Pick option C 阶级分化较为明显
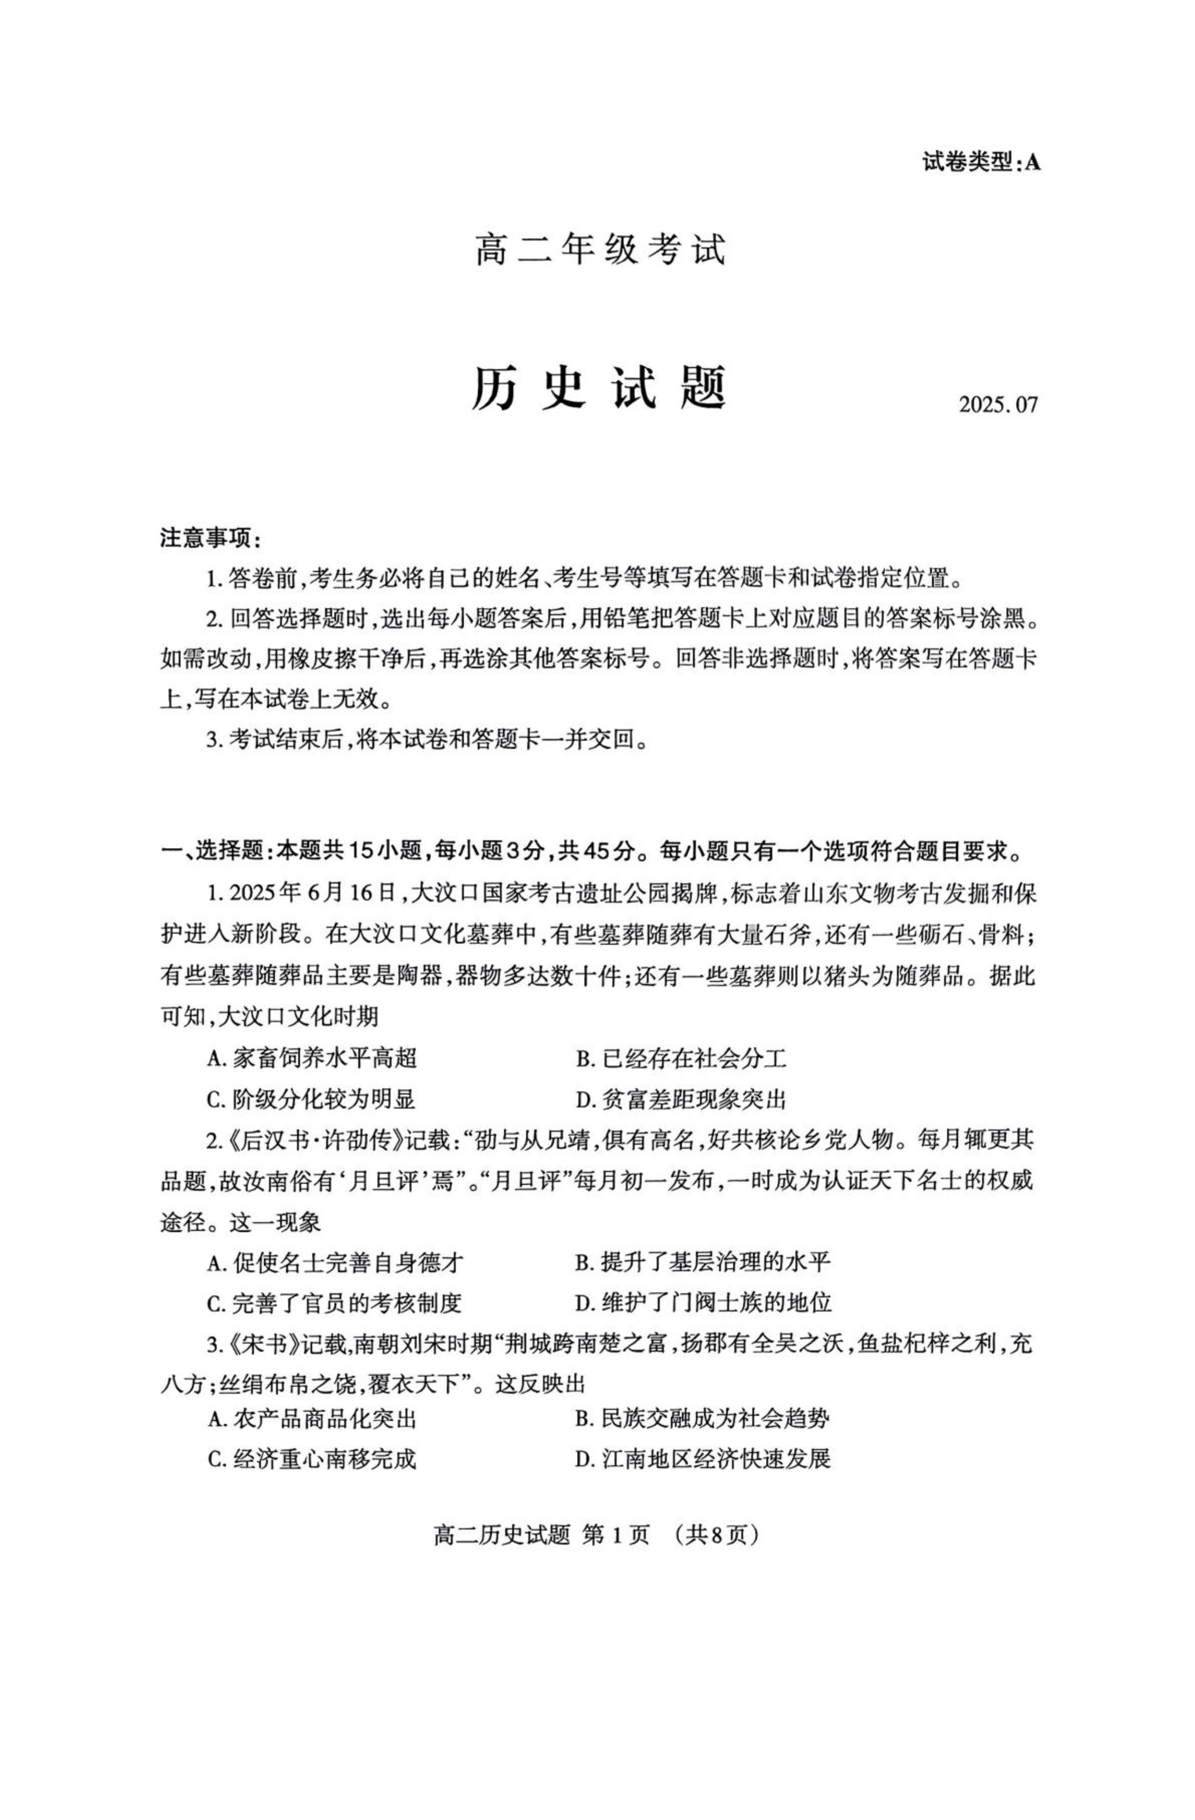pyautogui.click(x=311, y=1100)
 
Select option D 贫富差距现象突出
pyautogui.click(x=681, y=1100)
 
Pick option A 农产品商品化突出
pyautogui.click(x=312, y=1419)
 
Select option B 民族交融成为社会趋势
pyautogui.click(x=702, y=1419)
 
